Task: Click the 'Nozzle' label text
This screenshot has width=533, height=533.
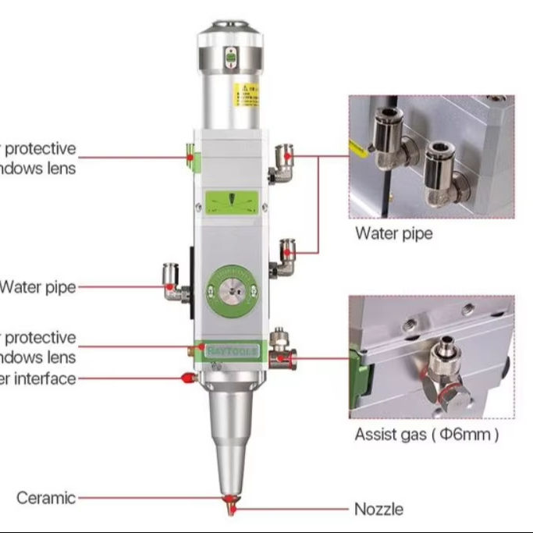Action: pyautogui.click(x=378, y=510)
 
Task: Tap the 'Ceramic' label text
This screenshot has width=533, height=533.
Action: pyautogui.click(x=47, y=498)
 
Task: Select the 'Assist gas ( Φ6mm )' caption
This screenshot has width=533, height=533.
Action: pyautogui.click(x=426, y=435)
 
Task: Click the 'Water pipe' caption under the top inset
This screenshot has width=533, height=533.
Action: pyautogui.click(x=393, y=233)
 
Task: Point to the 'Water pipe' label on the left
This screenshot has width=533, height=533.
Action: pyautogui.click(x=37, y=286)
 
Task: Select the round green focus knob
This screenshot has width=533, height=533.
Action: pyautogui.click(x=230, y=290)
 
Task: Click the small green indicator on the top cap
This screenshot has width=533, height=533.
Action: pyautogui.click(x=230, y=55)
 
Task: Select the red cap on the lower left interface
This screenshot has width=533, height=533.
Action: pyautogui.click(x=187, y=378)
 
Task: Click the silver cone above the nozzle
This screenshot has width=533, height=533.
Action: pyautogui.click(x=229, y=437)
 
